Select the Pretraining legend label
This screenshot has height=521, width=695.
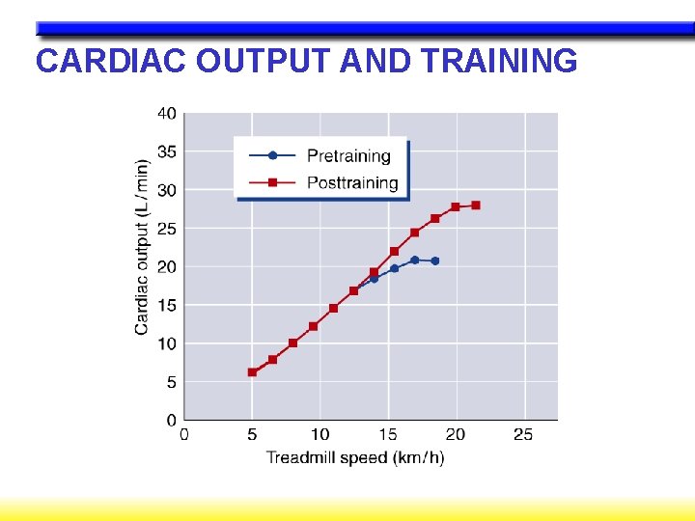tap(348, 155)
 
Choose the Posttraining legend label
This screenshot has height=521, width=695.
tap(352, 182)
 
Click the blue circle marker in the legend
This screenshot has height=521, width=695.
tap(272, 155)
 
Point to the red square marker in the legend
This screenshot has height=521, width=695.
tap(272, 182)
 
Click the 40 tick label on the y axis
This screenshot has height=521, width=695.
tap(167, 113)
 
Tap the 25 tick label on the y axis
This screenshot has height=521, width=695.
tap(167, 229)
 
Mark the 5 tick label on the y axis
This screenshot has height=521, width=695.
tap(171, 382)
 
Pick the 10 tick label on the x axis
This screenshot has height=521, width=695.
tap(320, 435)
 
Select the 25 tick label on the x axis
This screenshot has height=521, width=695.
tap(523, 435)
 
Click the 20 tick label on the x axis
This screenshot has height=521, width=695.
tap(455, 435)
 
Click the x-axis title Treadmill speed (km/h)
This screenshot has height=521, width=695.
tap(355, 457)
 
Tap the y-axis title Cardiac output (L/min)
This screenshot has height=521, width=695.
tap(142, 247)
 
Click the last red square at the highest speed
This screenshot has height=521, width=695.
tap(476, 206)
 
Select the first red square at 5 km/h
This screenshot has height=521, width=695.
tap(252, 371)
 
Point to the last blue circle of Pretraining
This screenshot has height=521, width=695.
tap(435, 260)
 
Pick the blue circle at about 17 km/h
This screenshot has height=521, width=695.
tap(415, 260)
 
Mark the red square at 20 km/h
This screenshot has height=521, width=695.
tap(456, 206)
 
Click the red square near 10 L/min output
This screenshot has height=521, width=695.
tap(292, 343)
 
